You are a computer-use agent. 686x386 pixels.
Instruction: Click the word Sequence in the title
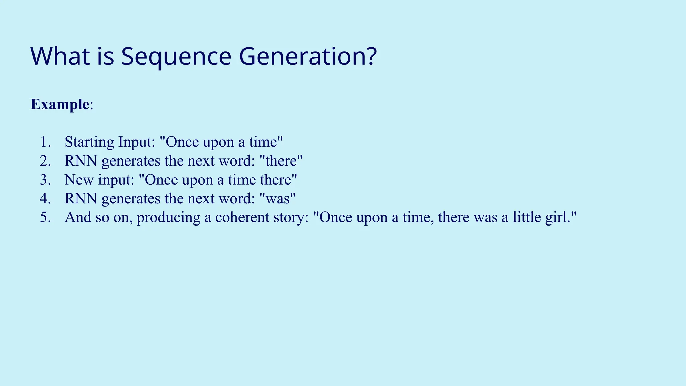point(176,56)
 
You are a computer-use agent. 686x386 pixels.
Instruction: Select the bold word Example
point(60,104)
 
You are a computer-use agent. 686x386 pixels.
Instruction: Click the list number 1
point(45,142)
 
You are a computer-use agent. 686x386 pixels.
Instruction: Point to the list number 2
point(45,161)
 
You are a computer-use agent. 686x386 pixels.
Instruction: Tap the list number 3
point(45,180)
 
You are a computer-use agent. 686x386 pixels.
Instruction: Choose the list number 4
point(45,199)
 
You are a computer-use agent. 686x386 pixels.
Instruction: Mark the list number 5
point(45,217)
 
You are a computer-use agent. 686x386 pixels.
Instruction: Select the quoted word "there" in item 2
point(281,161)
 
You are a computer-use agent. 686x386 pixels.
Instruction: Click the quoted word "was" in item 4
point(278,199)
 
